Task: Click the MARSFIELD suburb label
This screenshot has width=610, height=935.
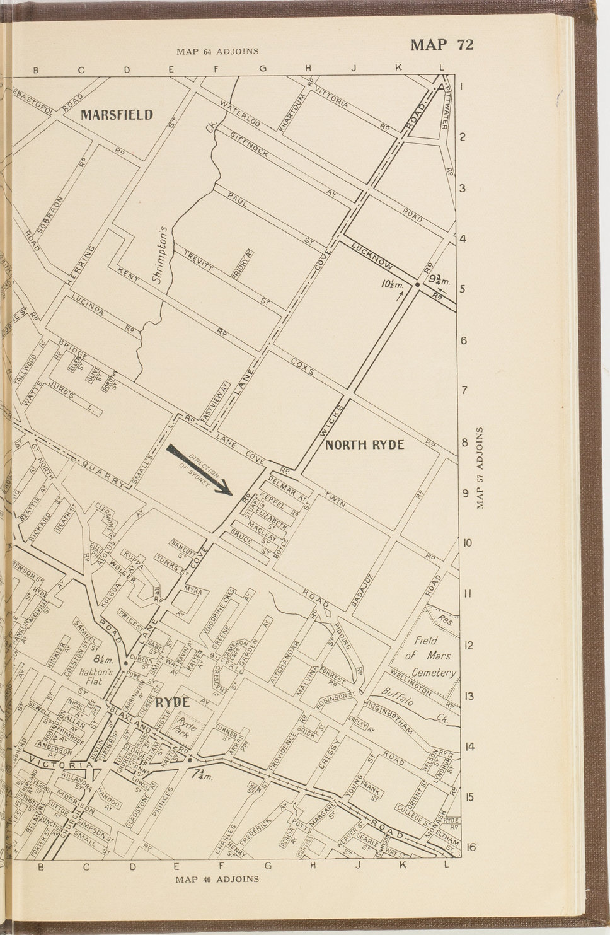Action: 117,115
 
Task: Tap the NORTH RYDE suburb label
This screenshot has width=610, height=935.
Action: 364,444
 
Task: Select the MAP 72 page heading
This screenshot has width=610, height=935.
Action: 441,45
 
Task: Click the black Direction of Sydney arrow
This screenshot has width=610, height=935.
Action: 200,470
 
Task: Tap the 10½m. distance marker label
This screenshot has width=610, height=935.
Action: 393,284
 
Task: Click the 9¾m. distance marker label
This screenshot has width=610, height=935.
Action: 439,279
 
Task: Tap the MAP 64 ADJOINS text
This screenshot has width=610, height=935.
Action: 217,52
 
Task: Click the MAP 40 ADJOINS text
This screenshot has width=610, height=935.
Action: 217,878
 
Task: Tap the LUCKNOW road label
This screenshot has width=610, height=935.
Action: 372,254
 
